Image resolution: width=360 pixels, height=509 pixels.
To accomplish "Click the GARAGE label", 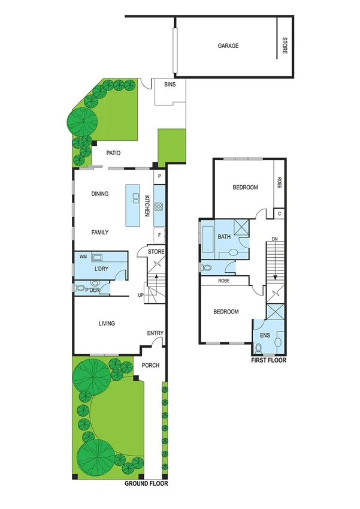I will [228, 46].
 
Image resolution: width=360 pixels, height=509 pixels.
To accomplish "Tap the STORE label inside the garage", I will [285, 46].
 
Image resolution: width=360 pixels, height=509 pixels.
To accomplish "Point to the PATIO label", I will [113, 153].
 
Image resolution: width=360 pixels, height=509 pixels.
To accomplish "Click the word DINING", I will [100, 194].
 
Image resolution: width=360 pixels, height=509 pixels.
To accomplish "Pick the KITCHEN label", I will [146, 206].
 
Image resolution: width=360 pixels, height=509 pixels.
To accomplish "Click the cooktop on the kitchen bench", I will [159, 207].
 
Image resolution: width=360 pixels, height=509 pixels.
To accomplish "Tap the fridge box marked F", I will [159, 234].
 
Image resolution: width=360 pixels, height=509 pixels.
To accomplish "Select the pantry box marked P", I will [159, 177].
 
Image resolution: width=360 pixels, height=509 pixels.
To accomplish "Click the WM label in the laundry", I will [83, 257].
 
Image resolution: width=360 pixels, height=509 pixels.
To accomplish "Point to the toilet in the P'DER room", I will [81, 288].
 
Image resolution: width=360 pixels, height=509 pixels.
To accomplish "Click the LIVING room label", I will [107, 324].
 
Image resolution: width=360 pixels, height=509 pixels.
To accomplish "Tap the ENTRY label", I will [155, 333].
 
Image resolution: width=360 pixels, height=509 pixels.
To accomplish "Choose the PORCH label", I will [150, 365].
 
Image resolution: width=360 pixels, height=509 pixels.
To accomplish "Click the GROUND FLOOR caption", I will [146, 483].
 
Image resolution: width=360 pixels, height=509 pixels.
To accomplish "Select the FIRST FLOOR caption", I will [269, 361].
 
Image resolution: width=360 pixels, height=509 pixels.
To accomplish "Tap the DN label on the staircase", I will [275, 240].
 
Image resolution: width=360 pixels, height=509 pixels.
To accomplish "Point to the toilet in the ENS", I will [259, 347].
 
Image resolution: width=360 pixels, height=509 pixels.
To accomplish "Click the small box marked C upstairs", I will [279, 213].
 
